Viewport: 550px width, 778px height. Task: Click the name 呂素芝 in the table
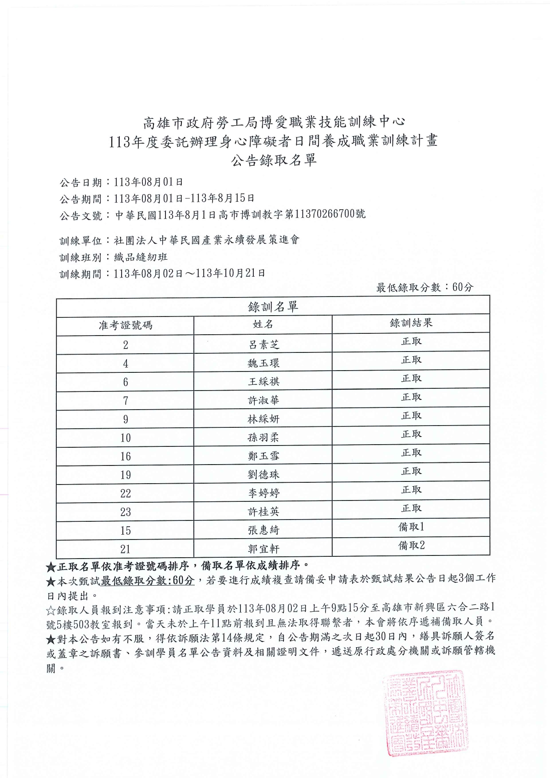(x=263, y=344)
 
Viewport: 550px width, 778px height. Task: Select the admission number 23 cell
(x=126, y=512)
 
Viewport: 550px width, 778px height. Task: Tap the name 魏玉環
(x=263, y=363)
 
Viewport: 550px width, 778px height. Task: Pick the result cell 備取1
(x=411, y=527)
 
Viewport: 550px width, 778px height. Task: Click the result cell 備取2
(x=411, y=545)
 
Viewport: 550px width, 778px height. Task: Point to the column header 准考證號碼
(x=126, y=325)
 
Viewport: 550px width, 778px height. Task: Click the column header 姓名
(x=263, y=324)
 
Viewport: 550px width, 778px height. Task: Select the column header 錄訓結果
(x=411, y=323)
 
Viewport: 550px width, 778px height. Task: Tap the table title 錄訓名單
(x=273, y=306)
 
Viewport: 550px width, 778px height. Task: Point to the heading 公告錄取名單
(x=274, y=160)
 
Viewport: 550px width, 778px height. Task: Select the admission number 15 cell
(x=126, y=531)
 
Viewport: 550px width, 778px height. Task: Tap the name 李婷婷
(x=263, y=493)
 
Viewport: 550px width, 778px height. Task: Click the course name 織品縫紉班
(x=141, y=257)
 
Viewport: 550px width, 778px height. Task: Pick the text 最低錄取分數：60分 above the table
(x=424, y=287)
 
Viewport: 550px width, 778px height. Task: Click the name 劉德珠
(x=263, y=474)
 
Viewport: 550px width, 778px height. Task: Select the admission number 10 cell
(x=126, y=438)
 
